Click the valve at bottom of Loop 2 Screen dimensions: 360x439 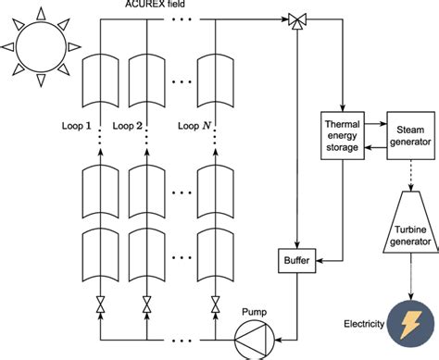click(x=146, y=302)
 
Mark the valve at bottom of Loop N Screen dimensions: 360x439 click(x=214, y=302)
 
